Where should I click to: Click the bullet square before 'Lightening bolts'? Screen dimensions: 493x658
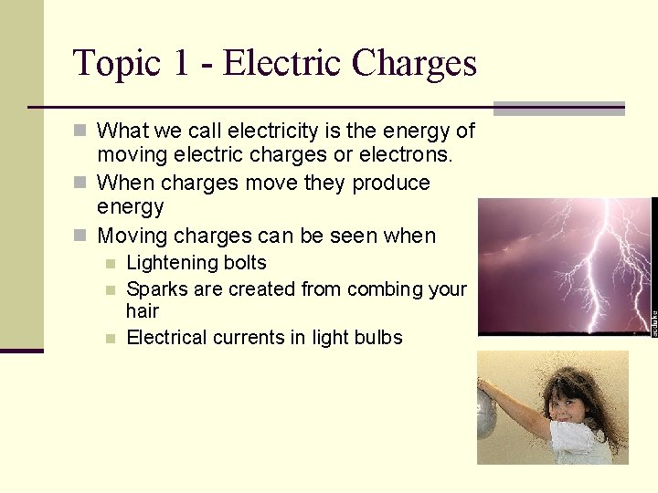pos(111,264)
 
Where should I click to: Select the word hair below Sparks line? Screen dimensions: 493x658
pos(143,311)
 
